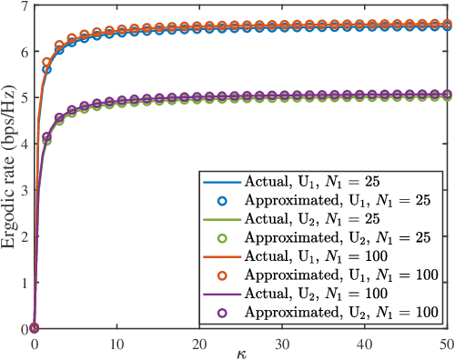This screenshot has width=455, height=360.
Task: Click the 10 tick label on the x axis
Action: (117, 340)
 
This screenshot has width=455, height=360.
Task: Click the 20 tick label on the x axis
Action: (201, 340)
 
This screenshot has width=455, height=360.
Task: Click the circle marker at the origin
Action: (35, 328)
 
